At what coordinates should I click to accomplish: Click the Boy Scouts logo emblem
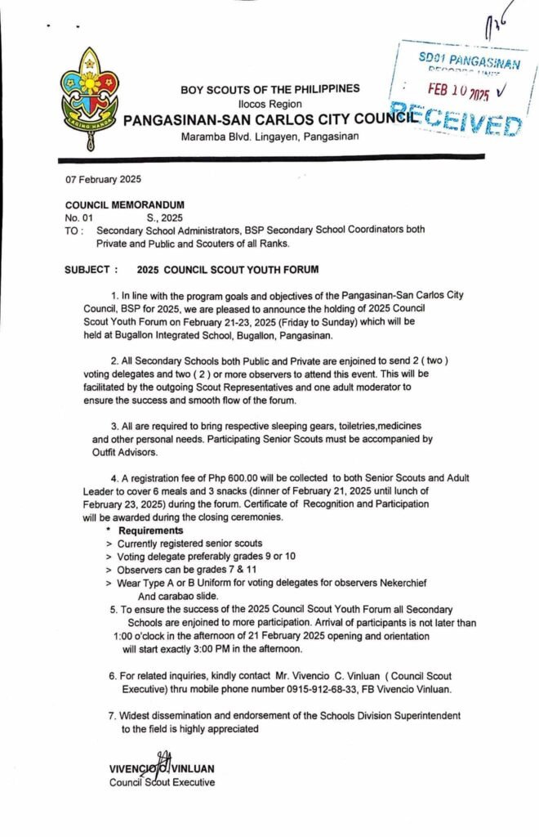click(x=87, y=96)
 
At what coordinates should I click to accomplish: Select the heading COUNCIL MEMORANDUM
click(x=124, y=204)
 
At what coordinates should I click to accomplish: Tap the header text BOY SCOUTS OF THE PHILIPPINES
click(x=269, y=89)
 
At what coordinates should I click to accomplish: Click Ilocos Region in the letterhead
click(x=269, y=104)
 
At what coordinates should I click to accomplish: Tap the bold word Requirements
click(x=150, y=530)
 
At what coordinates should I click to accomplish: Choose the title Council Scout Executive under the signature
click(x=162, y=782)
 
